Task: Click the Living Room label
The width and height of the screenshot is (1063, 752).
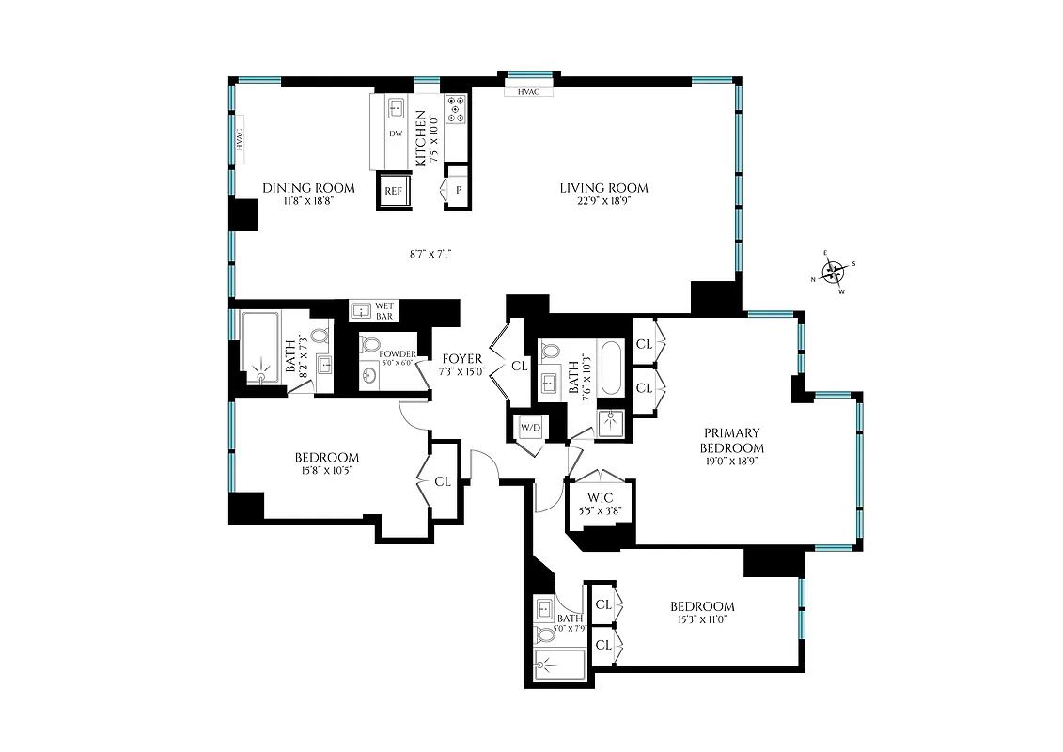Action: point(604,188)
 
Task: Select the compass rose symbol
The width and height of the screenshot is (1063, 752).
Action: point(833,274)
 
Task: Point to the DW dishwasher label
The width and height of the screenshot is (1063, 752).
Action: point(396,134)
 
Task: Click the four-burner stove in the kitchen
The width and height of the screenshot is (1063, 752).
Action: point(456,109)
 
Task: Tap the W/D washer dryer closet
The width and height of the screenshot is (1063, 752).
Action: point(531,428)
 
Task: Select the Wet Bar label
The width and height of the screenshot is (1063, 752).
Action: point(383,310)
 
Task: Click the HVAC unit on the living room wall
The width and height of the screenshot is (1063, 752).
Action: point(527,91)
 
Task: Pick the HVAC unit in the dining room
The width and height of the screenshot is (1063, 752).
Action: point(240,140)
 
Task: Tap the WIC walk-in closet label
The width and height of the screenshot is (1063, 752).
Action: point(600,497)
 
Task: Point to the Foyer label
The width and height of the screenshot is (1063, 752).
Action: point(461,358)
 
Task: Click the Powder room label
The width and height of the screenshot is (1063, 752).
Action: point(398,353)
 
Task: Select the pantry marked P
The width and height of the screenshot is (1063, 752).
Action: point(458,189)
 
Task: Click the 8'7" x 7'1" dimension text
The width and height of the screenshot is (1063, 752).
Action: point(431,253)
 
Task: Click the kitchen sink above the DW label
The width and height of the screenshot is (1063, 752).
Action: point(396,108)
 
